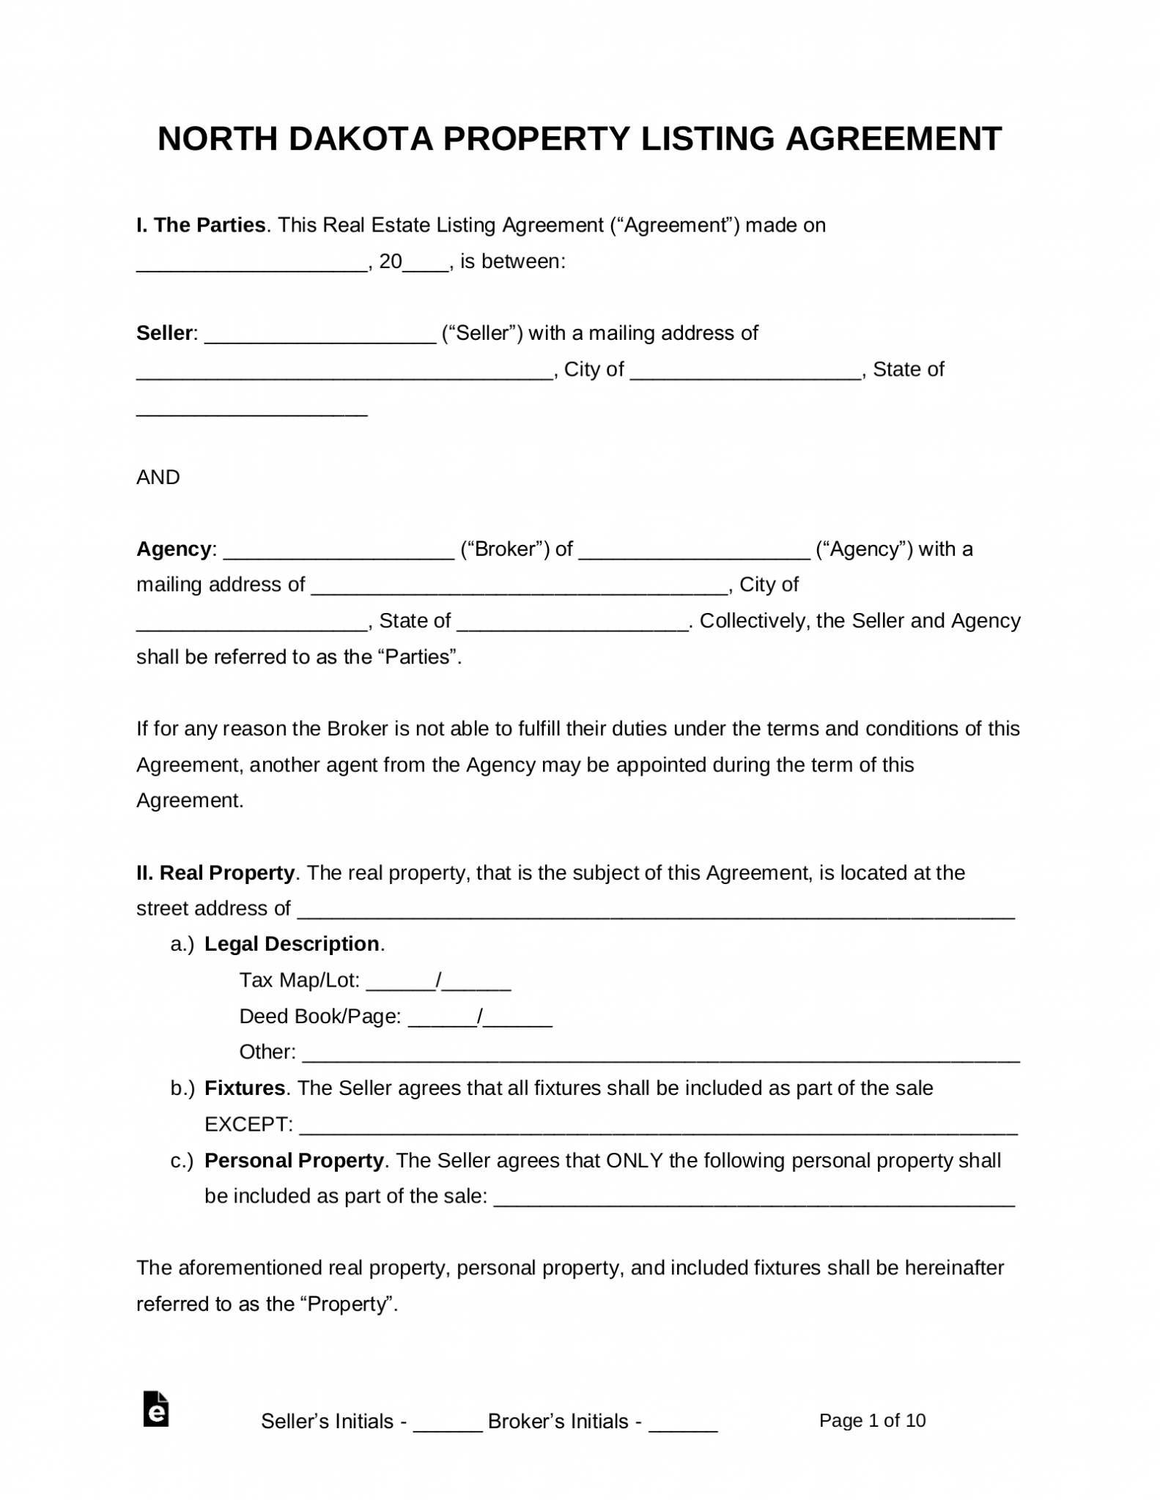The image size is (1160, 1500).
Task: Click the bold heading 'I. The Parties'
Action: tap(201, 226)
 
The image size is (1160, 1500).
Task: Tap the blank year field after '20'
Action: tap(426, 264)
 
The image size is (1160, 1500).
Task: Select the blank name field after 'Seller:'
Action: tap(320, 335)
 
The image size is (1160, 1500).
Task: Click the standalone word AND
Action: tap(158, 478)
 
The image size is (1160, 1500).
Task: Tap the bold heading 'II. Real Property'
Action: tap(215, 873)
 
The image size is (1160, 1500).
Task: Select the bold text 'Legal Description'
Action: tap(292, 944)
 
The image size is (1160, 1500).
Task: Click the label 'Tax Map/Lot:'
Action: tap(300, 980)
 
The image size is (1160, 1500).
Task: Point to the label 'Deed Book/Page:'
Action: tap(320, 1017)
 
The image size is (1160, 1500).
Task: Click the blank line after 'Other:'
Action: tap(660, 1055)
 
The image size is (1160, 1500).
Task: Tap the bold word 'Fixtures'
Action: tap(245, 1088)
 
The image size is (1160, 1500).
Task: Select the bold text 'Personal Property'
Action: tap(294, 1161)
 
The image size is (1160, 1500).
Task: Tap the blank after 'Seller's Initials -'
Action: tap(447, 1423)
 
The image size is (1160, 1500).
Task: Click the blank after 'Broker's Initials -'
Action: tap(683, 1423)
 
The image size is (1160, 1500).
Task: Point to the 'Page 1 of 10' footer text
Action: tap(872, 1421)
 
